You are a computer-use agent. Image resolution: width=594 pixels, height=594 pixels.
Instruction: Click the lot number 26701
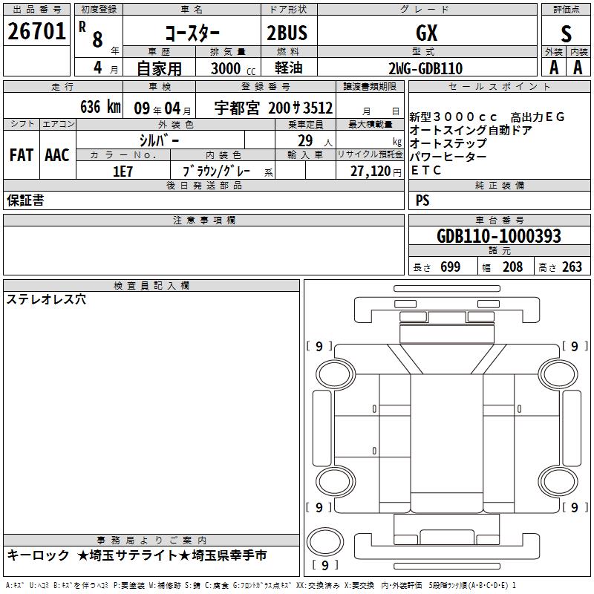(36, 31)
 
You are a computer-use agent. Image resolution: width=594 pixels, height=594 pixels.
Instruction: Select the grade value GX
(426, 33)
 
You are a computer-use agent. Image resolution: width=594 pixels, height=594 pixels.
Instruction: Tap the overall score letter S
(566, 33)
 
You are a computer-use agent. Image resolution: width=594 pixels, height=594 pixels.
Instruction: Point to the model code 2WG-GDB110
(425, 68)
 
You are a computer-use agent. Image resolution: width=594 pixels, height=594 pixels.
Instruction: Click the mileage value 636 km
(100, 106)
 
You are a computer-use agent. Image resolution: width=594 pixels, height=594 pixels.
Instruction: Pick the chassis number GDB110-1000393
(498, 236)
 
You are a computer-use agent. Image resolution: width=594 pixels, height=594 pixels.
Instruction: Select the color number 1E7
(123, 172)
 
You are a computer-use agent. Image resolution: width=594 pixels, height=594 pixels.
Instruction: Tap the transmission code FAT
(22, 155)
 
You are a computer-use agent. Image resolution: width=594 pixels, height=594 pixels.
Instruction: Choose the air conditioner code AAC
(57, 155)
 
